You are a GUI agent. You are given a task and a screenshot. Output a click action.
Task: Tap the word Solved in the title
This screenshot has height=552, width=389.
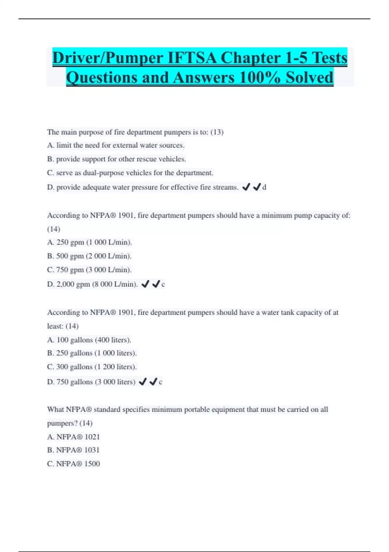[x=309, y=78]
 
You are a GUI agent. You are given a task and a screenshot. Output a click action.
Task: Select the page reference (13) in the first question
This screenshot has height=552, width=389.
[x=217, y=132]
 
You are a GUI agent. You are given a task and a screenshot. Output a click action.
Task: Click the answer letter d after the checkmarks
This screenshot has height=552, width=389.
[x=264, y=187]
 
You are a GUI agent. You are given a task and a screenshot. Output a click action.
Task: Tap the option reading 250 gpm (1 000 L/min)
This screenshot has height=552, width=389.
[x=89, y=242]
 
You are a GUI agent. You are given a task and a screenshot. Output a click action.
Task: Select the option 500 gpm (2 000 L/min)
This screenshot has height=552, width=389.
[x=89, y=256]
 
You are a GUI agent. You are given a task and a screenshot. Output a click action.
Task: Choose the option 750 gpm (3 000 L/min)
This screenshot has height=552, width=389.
[x=89, y=270]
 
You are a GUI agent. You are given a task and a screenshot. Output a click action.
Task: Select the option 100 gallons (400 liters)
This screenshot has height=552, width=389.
[x=89, y=340]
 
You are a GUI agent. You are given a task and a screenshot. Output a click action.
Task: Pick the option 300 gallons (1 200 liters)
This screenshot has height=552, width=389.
[x=92, y=367]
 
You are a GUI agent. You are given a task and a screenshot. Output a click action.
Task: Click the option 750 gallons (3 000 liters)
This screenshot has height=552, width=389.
[x=91, y=382]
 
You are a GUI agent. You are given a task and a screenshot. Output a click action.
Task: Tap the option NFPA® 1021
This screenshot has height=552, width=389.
[x=74, y=437]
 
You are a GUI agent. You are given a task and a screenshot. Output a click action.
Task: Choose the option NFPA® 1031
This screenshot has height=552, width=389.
[x=73, y=450]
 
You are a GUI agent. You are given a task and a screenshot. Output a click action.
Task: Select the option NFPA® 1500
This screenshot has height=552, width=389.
[x=74, y=464]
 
